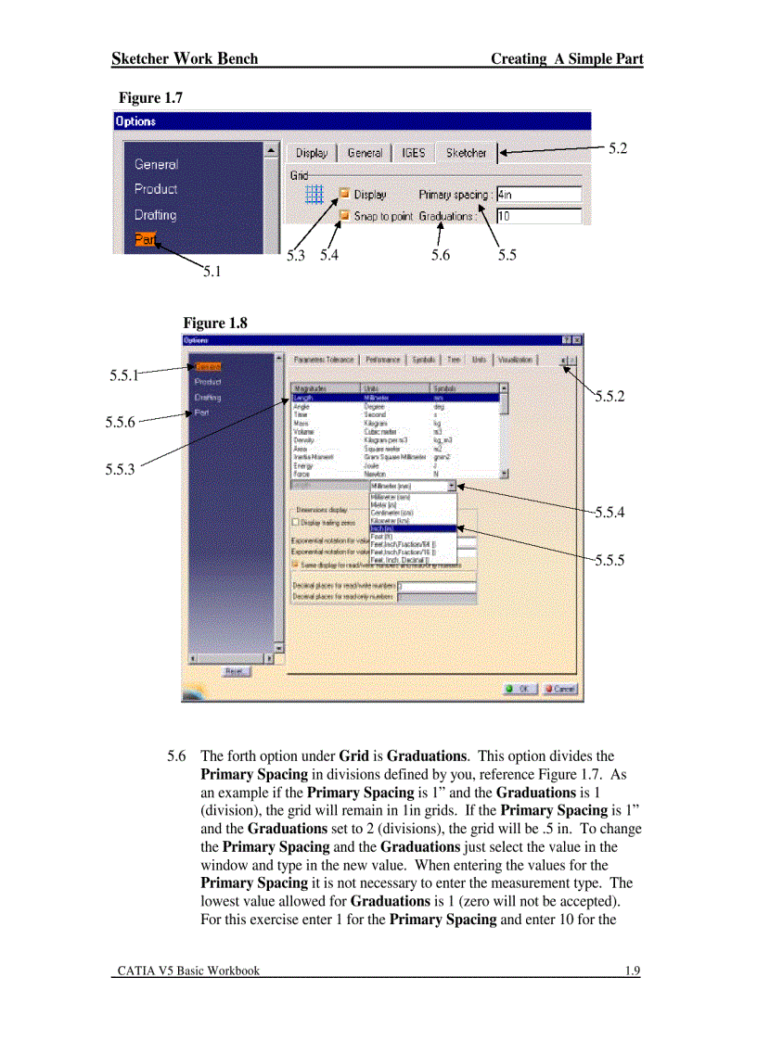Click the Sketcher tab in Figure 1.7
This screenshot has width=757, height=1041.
[466, 153]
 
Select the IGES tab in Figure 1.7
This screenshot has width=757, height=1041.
[413, 153]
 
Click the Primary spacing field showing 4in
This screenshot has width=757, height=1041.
[538, 195]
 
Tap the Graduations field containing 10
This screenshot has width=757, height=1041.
[538, 216]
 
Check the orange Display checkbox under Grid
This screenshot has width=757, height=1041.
[344, 195]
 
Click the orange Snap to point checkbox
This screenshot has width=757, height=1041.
[344, 216]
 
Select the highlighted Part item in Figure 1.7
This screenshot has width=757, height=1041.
[145, 239]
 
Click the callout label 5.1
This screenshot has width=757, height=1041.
[212, 272]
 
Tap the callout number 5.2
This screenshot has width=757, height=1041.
[618, 148]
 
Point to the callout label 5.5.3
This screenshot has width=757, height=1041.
[120, 469]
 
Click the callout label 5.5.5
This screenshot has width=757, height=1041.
[609, 560]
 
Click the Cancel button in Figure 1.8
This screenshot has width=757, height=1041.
[560, 689]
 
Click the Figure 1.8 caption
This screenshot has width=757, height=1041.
[215, 323]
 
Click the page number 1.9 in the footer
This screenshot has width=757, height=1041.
[633, 971]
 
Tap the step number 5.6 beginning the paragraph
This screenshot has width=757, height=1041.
[176, 756]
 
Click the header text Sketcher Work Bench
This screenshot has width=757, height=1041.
[185, 59]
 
